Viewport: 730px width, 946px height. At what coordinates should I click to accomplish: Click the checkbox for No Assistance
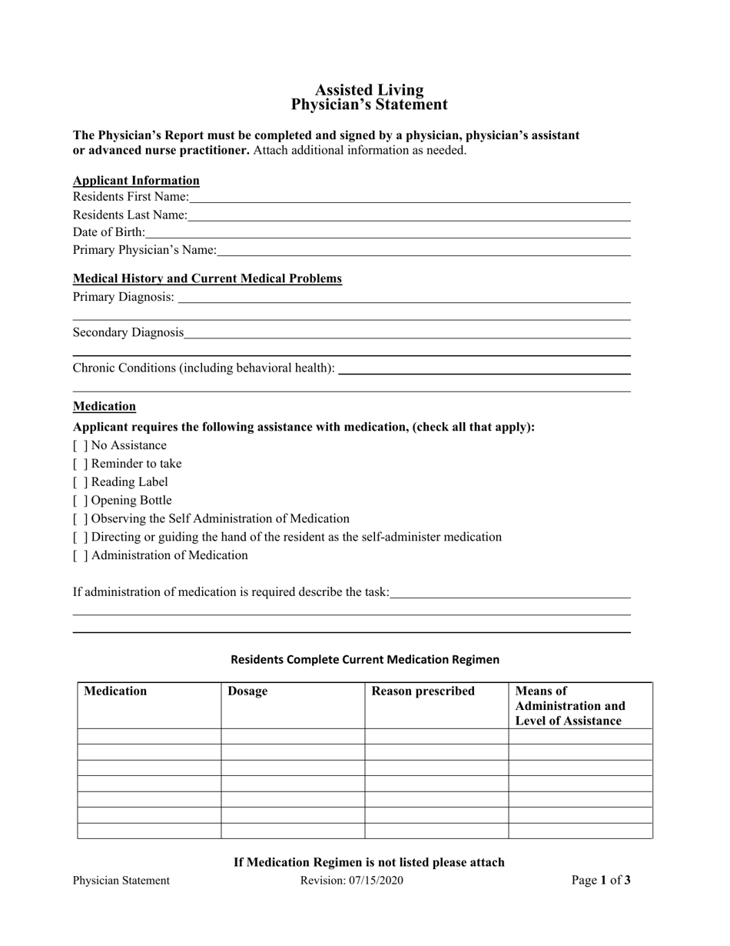click(x=80, y=445)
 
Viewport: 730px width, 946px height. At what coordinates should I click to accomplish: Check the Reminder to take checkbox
click(x=80, y=464)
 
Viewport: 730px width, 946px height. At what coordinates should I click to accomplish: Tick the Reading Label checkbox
click(x=80, y=482)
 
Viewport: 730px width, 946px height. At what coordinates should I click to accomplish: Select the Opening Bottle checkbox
click(x=80, y=501)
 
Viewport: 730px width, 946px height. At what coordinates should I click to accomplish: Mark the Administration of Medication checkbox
click(x=80, y=555)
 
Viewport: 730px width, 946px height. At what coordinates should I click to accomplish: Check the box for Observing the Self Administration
click(x=80, y=519)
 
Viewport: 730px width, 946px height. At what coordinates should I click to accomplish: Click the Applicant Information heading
click(x=136, y=181)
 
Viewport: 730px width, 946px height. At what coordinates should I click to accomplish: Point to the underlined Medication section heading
click(x=105, y=406)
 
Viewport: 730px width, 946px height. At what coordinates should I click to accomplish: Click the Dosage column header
click(x=247, y=691)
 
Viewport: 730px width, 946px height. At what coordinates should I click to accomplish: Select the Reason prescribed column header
click(x=423, y=691)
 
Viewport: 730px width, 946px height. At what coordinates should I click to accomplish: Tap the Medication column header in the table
click(x=115, y=691)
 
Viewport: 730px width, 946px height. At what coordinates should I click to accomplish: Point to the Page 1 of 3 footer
click(x=601, y=881)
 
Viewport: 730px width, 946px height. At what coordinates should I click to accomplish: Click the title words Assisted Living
click(x=369, y=90)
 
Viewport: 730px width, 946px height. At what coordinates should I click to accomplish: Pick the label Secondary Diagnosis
click(x=128, y=332)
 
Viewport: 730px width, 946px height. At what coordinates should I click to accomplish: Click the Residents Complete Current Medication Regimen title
click(x=365, y=659)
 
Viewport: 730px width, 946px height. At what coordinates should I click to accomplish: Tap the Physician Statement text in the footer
click(x=121, y=881)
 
